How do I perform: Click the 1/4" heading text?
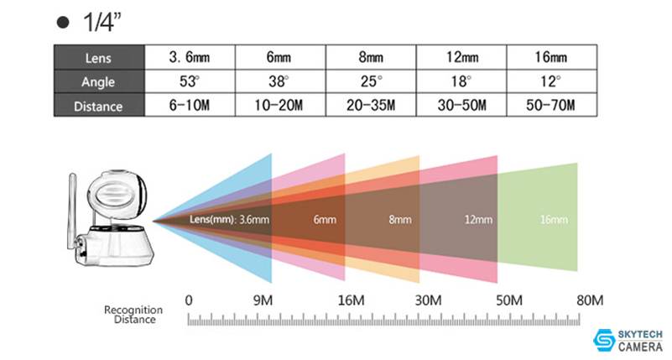pos(102,23)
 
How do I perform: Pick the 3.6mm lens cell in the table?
pos(189,59)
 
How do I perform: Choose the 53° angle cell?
pos(189,82)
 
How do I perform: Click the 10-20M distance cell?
pos(279,107)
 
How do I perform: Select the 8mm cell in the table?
pos(369,59)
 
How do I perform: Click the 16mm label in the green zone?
pos(555,220)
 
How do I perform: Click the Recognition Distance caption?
pos(133,315)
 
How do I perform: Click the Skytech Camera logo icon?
pos(603,338)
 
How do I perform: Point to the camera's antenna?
pos(74,197)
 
